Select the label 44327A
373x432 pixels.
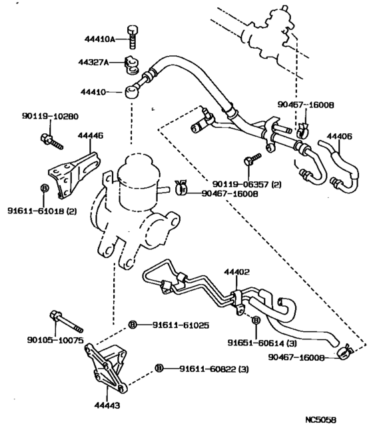pos(98,63)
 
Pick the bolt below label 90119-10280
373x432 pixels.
pos(50,141)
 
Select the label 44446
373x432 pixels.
pos(91,135)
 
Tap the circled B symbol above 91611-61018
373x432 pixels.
pos(44,189)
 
